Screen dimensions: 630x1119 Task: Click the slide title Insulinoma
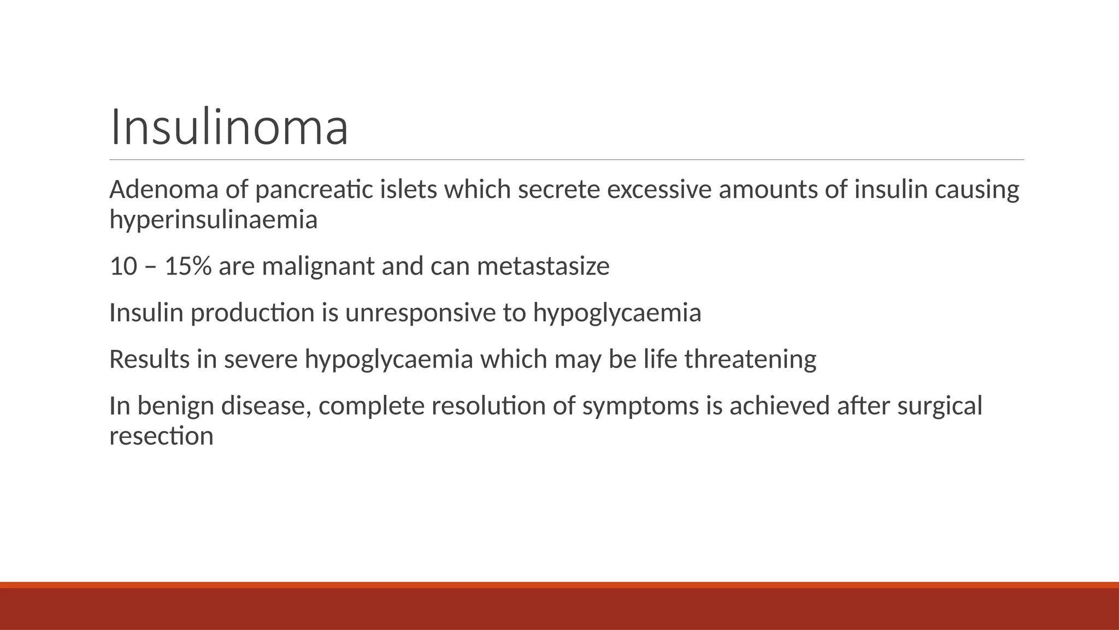pyautogui.click(x=229, y=128)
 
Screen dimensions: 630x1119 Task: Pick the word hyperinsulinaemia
pyautogui.click(x=213, y=220)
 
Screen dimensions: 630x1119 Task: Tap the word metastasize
pyautogui.click(x=543, y=266)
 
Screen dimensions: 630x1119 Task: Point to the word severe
pyautogui.click(x=261, y=359)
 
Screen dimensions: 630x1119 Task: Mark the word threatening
pyautogui.click(x=750, y=359)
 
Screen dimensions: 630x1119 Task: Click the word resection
pyautogui.click(x=161, y=436)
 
